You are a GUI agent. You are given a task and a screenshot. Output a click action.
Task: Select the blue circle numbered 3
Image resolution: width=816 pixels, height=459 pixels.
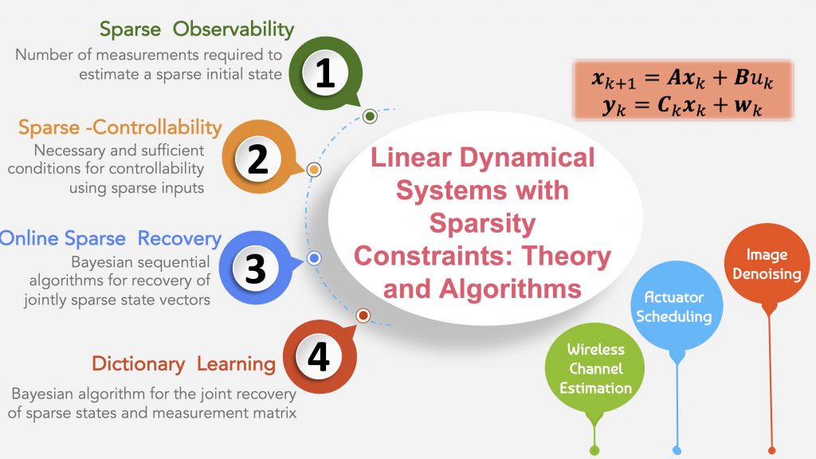point(255,268)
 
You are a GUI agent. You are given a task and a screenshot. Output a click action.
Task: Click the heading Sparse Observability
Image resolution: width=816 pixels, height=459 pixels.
point(197,30)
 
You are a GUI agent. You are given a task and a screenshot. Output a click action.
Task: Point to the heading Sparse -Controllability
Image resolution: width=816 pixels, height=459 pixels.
point(120,127)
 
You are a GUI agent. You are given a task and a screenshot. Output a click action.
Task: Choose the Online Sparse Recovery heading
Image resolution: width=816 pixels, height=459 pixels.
point(110,238)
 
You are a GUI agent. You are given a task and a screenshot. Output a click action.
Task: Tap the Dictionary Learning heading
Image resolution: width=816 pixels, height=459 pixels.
point(183,364)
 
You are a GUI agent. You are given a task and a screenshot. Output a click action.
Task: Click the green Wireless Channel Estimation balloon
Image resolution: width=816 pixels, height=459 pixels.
point(595,369)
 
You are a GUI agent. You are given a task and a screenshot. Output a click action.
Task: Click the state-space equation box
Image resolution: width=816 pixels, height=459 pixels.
point(682,89)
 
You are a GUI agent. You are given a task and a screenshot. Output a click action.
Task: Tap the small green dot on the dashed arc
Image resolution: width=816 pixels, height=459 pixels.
point(370,116)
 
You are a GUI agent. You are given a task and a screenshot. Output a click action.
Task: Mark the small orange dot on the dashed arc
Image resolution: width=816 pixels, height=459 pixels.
point(314,169)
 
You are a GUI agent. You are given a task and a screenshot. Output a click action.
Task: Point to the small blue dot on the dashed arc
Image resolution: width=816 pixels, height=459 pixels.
point(314,258)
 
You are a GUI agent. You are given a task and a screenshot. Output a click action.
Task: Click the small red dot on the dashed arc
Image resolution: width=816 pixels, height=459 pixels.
point(363,316)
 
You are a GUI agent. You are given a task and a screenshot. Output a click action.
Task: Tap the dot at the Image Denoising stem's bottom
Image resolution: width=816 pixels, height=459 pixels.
point(771,449)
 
